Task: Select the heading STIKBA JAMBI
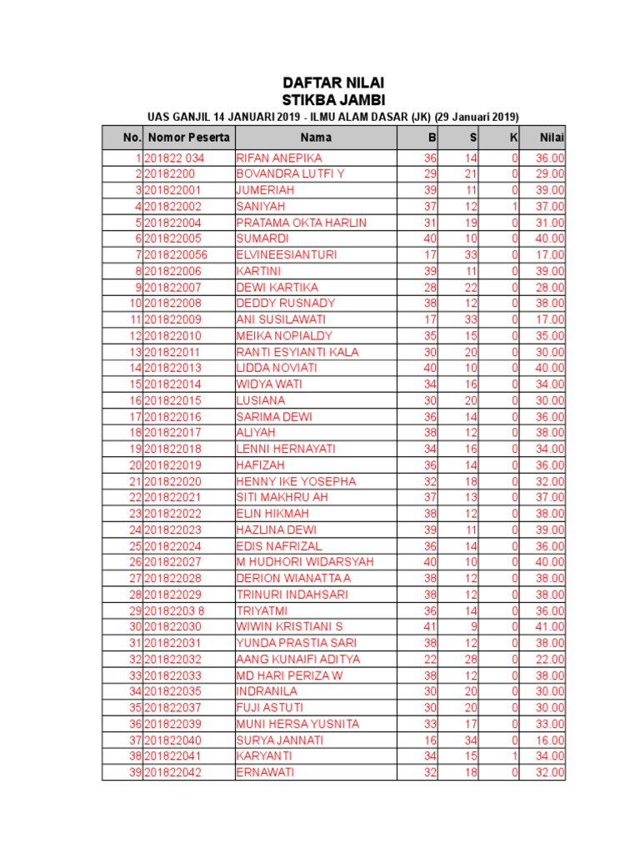[333, 100]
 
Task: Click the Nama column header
[316, 137]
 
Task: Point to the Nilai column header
[551, 137]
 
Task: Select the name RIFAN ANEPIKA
[279, 158]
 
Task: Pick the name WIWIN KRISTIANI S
[289, 626]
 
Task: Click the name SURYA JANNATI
[280, 740]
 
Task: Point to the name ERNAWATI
[265, 772]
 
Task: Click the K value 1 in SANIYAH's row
[515, 206]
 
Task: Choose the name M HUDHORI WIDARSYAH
[305, 562]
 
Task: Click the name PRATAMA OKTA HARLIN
[301, 223]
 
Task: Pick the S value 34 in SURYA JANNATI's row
[471, 740]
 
